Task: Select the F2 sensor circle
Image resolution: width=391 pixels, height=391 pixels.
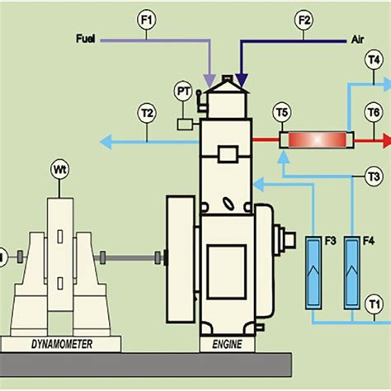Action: (304, 20)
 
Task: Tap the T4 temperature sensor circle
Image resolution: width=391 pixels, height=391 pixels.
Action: (374, 59)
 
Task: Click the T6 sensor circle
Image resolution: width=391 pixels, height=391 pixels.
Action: (374, 112)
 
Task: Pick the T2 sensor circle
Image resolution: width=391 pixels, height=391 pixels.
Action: (147, 112)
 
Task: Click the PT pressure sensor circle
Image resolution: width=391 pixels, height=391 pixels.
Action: (183, 89)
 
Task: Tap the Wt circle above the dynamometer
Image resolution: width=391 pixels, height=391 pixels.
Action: (59, 172)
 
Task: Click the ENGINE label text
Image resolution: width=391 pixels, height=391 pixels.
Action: (227, 342)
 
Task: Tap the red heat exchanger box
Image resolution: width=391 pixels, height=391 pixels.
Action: (316, 139)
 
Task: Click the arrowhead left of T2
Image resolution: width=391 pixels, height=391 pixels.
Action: (103, 140)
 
